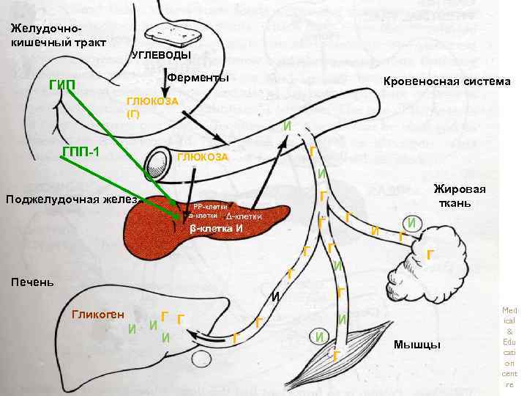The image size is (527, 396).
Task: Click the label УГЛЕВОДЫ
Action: point(160,56)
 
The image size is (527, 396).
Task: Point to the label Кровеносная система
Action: point(447,81)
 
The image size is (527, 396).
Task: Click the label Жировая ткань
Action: point(464,196)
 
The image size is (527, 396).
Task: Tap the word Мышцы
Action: point(416,345)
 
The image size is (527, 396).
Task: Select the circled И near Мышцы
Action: point(319,337)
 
